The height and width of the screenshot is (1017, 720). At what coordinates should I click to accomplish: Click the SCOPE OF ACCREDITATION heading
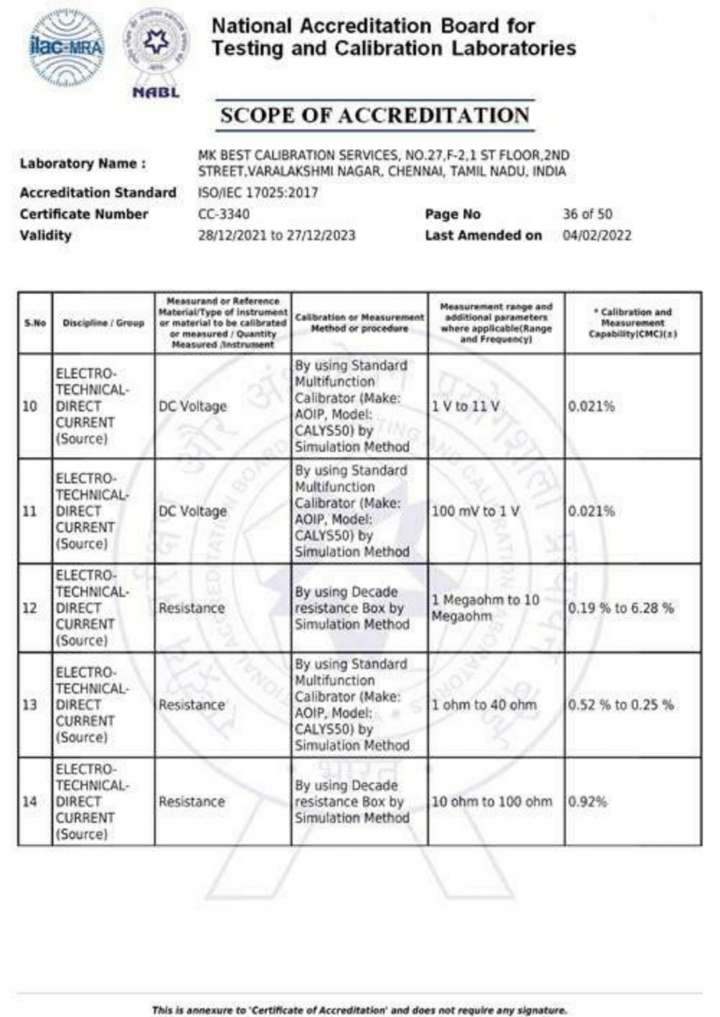pos(374,116)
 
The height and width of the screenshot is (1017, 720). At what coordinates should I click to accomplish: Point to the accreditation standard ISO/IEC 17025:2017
pos(257,193)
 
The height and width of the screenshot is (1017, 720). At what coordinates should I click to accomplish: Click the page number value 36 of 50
pos(587,214)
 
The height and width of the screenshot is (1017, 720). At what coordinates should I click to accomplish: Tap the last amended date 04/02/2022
pos(597,236)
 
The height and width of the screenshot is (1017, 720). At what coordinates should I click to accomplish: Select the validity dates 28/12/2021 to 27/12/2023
pos(276,236)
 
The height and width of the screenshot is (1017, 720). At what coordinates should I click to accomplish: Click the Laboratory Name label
pos(82,163)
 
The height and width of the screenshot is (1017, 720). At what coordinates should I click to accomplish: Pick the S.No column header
pos(34,323)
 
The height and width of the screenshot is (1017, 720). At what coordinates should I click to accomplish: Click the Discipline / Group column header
pos(103,323)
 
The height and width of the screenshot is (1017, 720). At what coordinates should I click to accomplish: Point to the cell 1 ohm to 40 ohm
pos(483,705)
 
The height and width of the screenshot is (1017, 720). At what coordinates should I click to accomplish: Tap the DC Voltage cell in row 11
pos(193,512)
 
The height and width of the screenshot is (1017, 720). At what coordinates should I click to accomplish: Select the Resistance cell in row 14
pos(192,802)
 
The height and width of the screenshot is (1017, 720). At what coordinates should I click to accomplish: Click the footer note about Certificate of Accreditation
pos(360,1009)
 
